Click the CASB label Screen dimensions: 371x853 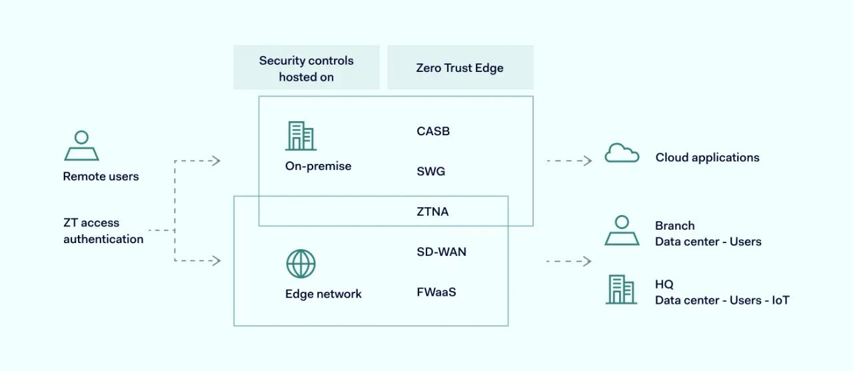pos(433,131)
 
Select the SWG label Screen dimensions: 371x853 pos(430,171)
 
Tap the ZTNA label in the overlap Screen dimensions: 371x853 pos(432,212)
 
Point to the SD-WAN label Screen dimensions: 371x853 pos(441,252)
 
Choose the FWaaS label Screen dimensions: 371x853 pos(436,292)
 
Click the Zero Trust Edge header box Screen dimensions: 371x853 pos(460,68)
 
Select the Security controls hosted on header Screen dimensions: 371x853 pos(306,68)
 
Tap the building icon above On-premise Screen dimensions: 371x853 pos(301,136)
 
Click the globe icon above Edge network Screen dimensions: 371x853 pos(301,264)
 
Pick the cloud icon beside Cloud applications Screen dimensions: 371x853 pos(621,154)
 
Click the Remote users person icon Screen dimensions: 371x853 pos(81,146)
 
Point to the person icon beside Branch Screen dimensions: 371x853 pos(622,230)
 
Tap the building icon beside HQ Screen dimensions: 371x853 pos(620,290)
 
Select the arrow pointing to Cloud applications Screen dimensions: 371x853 pos(570,161)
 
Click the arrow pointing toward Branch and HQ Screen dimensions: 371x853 pos(569,261)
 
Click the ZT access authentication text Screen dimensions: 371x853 pos(103,230)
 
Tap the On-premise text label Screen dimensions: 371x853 pos(318,166)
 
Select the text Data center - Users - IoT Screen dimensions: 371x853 pos(722,300)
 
